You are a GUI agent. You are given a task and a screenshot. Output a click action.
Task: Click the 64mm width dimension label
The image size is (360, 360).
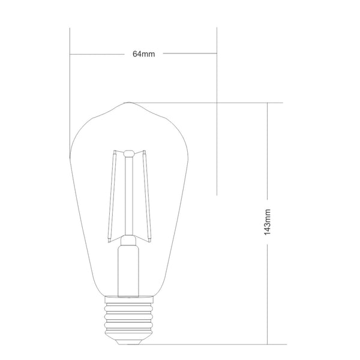coord(144,54)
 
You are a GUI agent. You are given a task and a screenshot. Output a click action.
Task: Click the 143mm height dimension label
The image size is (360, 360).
coord(268,222)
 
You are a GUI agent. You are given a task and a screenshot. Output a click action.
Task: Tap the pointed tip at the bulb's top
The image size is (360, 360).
coord(128,103)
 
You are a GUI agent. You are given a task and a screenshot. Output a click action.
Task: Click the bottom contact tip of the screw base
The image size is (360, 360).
coord(128,343)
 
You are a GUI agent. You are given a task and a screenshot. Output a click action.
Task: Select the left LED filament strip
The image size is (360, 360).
coord(112,197)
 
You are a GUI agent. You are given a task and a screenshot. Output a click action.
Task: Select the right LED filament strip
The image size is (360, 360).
coord(147,196)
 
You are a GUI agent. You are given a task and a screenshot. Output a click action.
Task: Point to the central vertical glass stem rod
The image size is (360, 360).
coord(129,196)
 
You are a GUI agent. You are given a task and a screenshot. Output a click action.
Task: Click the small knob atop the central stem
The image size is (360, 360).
coord(129,153)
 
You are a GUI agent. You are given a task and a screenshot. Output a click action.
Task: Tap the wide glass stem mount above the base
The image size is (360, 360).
coord(128,271)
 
